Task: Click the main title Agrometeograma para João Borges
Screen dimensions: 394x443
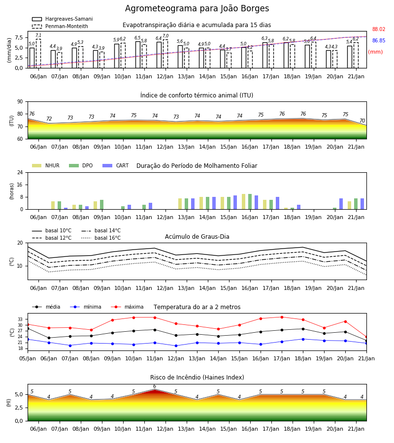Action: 197,8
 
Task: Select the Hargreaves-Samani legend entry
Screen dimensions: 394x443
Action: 63,19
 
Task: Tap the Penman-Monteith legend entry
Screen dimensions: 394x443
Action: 60,26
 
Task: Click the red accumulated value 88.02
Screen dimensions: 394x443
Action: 379,29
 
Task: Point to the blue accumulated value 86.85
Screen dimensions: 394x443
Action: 379,40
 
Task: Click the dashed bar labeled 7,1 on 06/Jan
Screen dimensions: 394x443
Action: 38,54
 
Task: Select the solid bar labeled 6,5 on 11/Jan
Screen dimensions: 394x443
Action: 138,55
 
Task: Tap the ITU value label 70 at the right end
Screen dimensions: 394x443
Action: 362,121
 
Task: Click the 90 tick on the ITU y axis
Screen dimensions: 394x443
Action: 20,102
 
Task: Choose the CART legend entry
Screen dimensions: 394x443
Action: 116,165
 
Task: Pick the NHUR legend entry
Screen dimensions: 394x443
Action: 46,165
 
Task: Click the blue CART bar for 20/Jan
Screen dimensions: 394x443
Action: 341,204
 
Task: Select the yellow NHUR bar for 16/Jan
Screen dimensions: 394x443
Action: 244,202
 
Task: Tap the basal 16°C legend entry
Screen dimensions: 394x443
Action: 101,238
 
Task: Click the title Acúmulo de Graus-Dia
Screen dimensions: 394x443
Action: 197,236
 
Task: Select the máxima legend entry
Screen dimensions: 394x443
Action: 127,307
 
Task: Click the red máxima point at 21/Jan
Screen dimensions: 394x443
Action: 366,337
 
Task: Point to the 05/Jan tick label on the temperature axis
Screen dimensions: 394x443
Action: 28,358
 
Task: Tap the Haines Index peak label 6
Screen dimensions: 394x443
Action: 155,386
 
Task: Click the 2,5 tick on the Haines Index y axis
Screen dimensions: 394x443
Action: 19,408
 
